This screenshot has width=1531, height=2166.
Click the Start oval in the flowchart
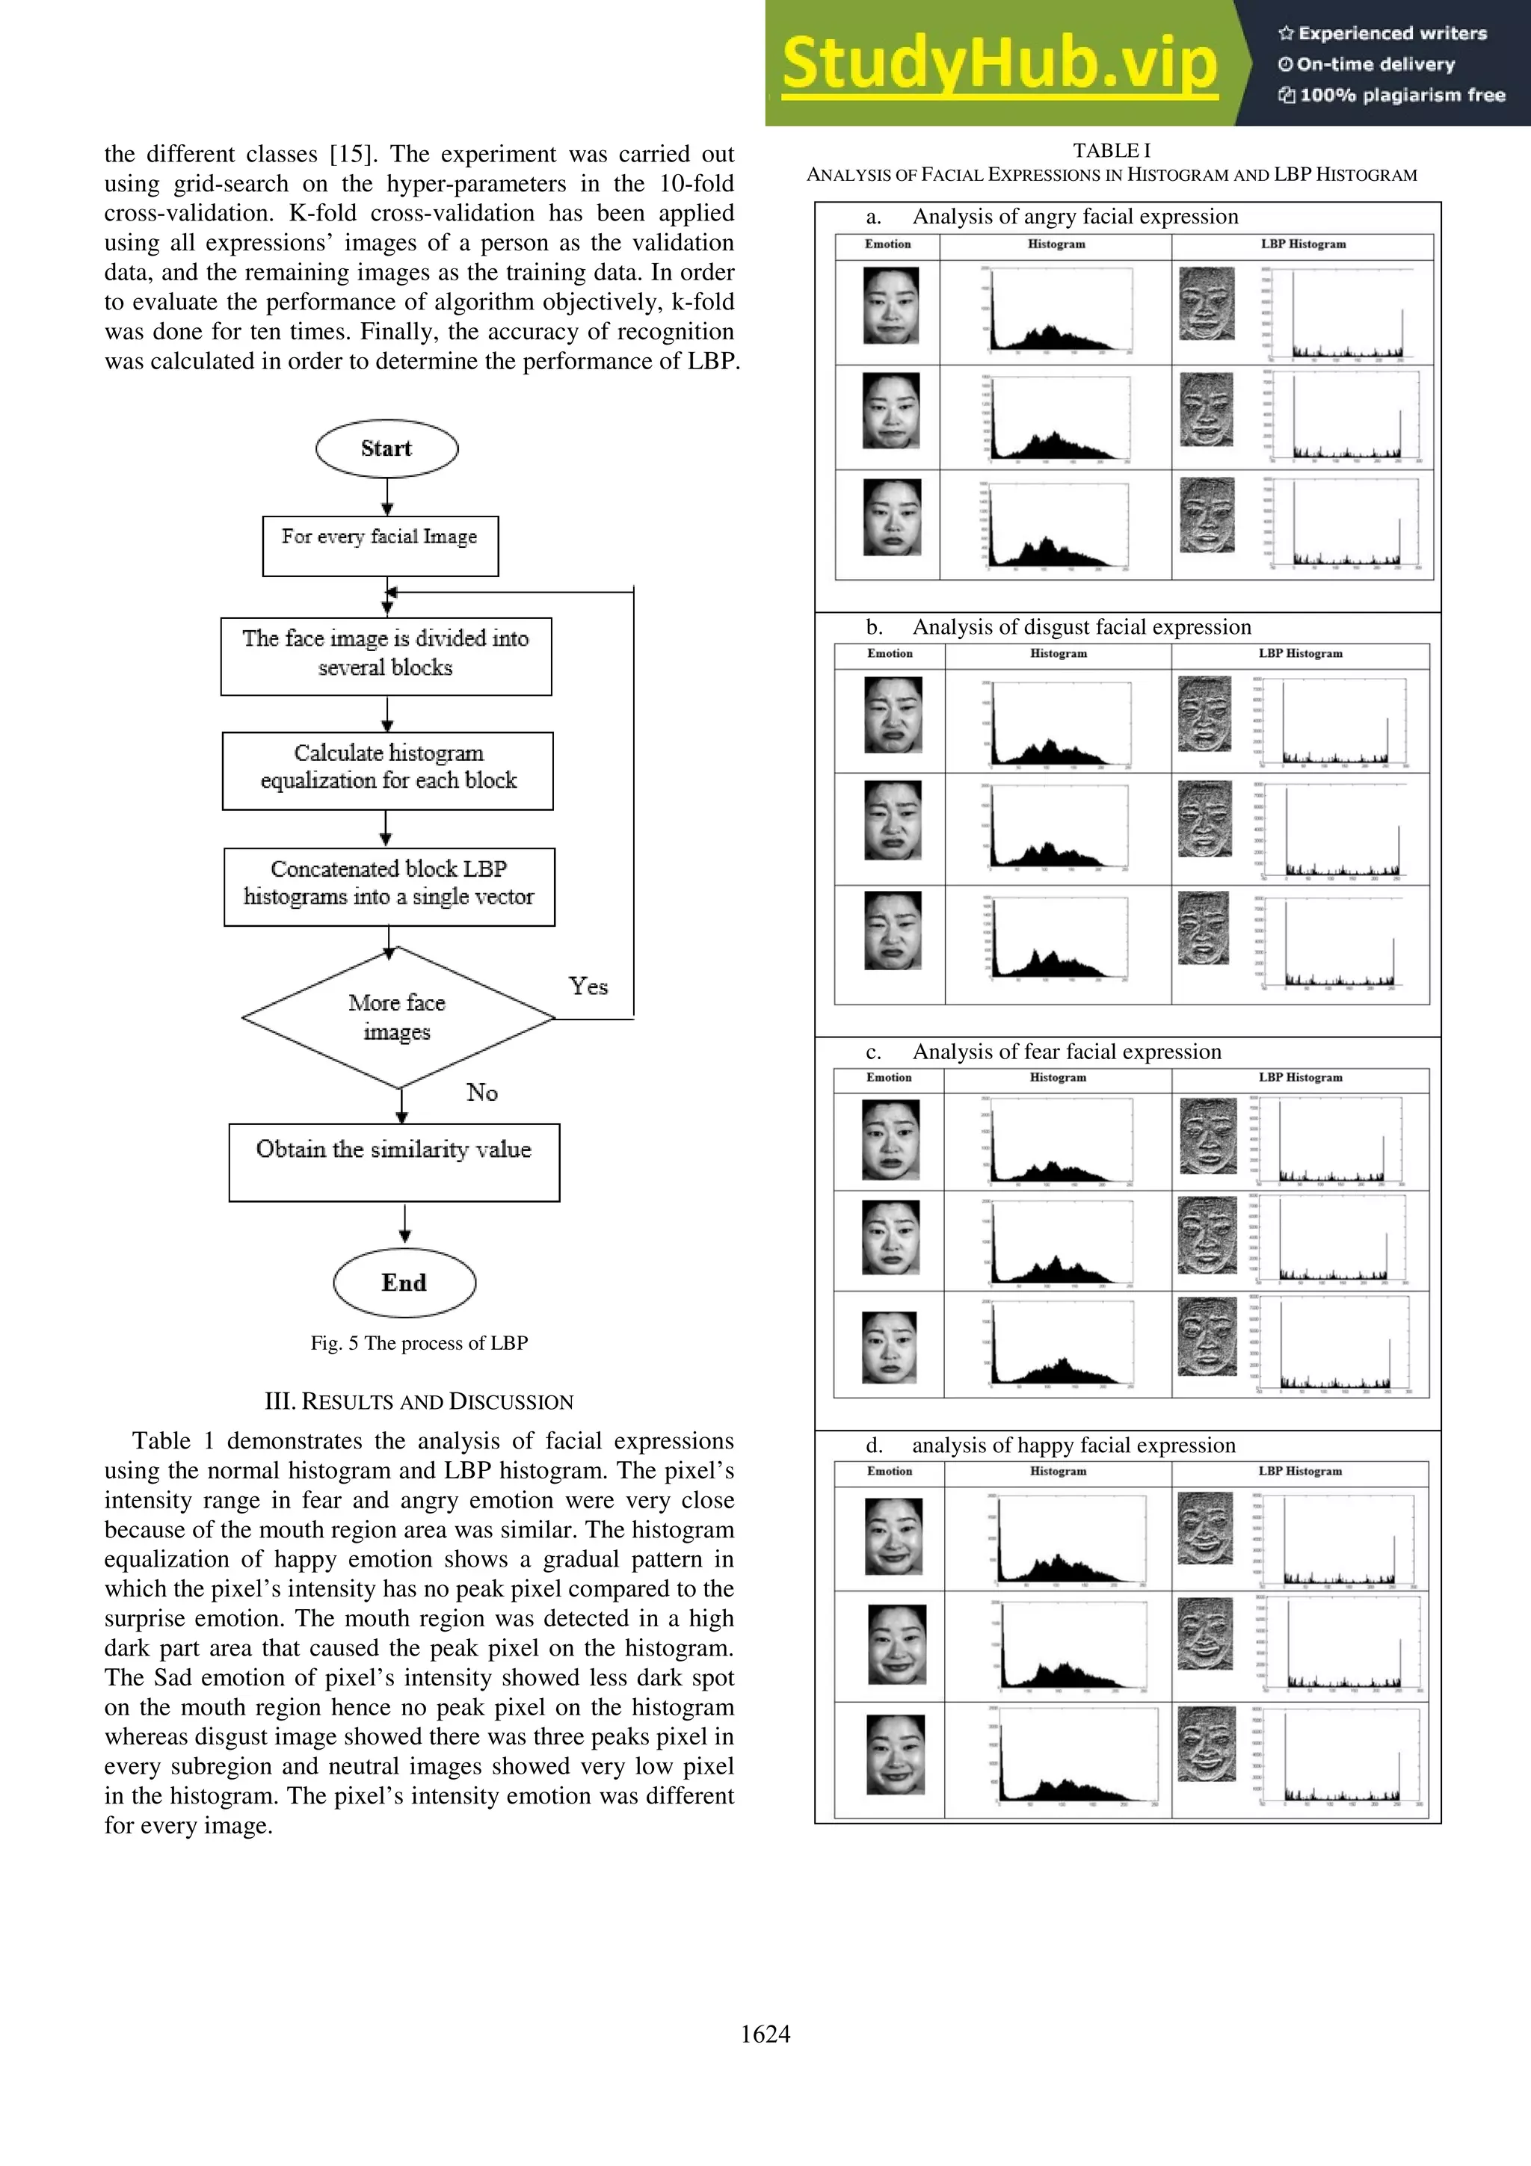click(x=386, y=449)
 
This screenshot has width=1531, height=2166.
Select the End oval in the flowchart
click(x=404, y=1283)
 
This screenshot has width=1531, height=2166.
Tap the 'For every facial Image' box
click(x=381, y=546)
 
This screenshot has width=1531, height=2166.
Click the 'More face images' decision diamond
click(x=397, y=1017)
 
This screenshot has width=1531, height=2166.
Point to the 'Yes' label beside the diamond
click(x=588, y=987)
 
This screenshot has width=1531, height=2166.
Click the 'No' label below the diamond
click(x=481, y=1093)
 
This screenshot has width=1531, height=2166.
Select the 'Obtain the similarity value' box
click(x=394, y=1161)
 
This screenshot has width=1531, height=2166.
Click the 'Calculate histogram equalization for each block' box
click(x=388, y=770)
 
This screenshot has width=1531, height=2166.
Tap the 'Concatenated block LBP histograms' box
click(x=389, y=886)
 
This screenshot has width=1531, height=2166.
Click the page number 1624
click(x=765, y=2034)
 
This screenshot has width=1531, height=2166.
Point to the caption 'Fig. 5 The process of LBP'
click(x=419, y=1342)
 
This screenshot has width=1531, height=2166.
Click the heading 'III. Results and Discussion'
click(x=419, y=1402)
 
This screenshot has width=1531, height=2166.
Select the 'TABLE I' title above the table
click(x=1111, y=150)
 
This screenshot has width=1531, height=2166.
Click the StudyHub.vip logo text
click(x=1000, y=64)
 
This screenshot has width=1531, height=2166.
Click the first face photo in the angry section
click(x=890, y=306)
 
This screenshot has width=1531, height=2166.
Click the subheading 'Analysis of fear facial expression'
click(x=1066, y=1052)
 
